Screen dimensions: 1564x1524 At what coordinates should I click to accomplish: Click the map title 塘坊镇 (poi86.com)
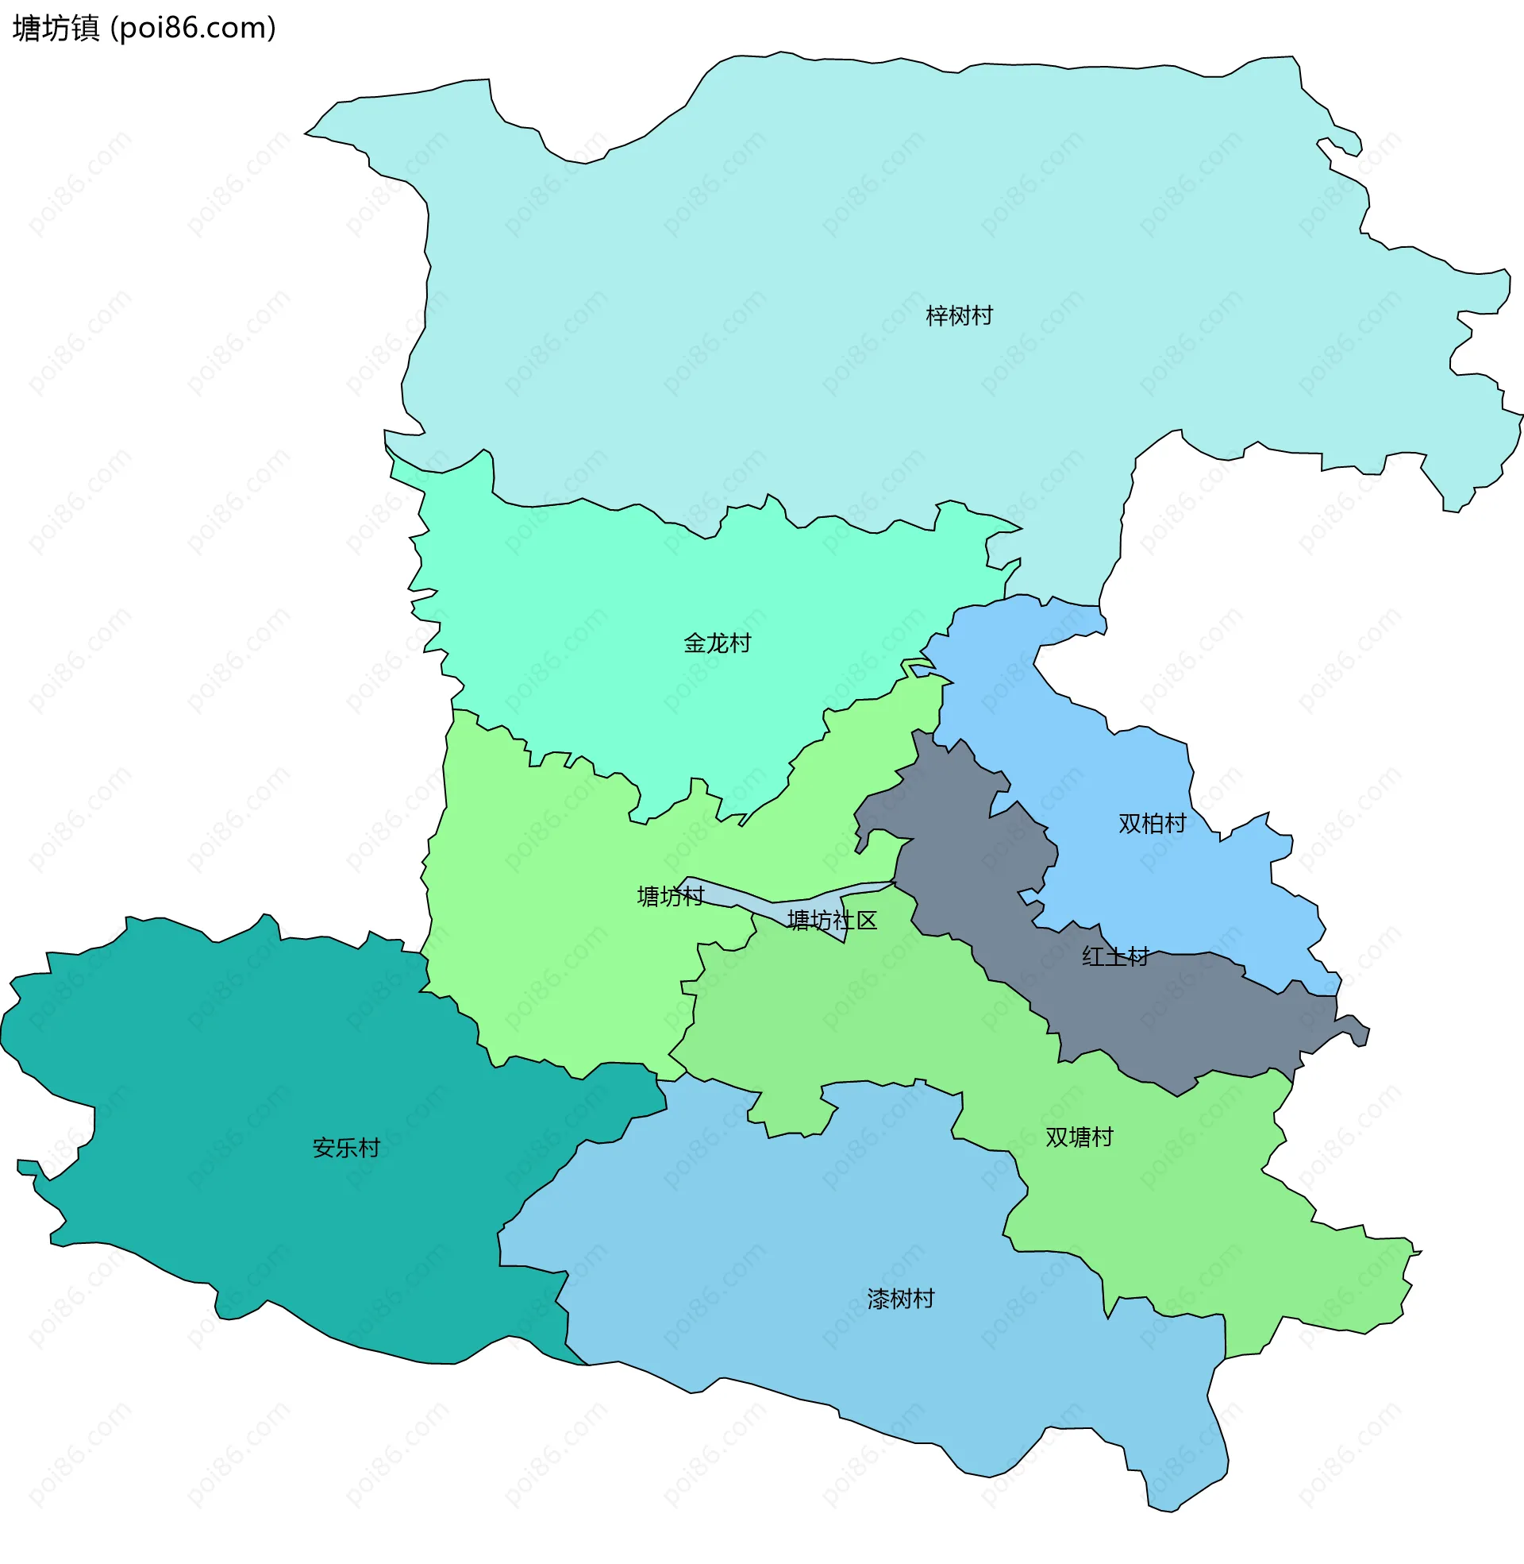click(x=144, y=28)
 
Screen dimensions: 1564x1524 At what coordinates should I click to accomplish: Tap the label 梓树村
click(x=959, y=315)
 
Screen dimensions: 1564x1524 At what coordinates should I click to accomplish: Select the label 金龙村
click(x=718, y=643)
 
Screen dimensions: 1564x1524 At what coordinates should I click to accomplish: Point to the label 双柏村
click(x=1152, y=823)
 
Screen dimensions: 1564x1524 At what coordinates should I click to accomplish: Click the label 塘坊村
click(x=670, y=896)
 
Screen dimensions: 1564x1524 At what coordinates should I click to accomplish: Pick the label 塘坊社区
click(x=833, y=920)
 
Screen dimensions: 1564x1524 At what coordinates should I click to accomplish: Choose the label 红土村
click(x=1115, y=956)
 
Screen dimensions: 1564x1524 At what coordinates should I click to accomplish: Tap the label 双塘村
click(x=1079, y=1137)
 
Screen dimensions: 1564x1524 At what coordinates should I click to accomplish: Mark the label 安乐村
click(x=346, y=1148)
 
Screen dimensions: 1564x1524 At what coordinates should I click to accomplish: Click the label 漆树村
click(x=900, y=1299)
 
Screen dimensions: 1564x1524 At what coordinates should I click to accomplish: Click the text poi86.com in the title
click(x=192, y=28)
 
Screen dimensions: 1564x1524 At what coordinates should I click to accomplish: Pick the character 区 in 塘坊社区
click(x=867, y=920)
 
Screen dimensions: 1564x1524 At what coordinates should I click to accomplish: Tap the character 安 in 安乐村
click(x=323, y=1148)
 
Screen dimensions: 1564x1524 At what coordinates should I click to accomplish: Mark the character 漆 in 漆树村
click(x=878, y=1299)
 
